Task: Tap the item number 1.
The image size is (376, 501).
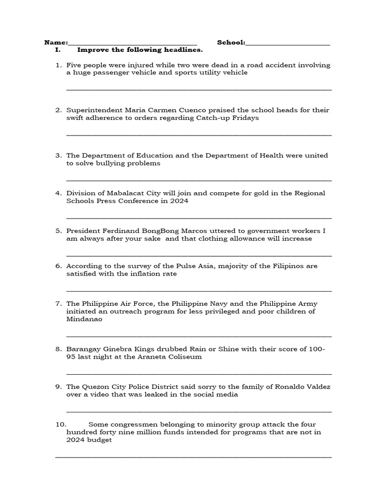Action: pyautogui.click(x=58, y=65)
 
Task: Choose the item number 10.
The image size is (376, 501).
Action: pyautogui.click(x=61, y=425)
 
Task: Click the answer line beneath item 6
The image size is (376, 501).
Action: pyautogui.click(x=199, y=291)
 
